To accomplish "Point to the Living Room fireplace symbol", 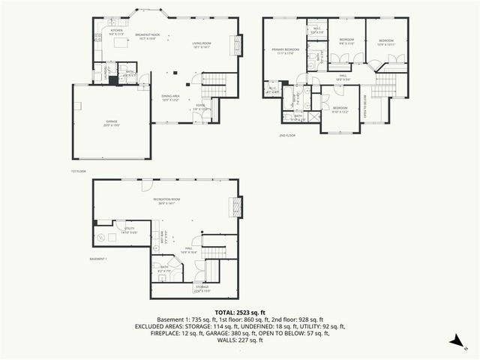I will coord(239,45).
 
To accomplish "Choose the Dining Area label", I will coord(170,97).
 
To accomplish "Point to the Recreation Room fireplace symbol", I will coord(239,207).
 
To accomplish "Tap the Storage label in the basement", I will coord(202,289).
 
